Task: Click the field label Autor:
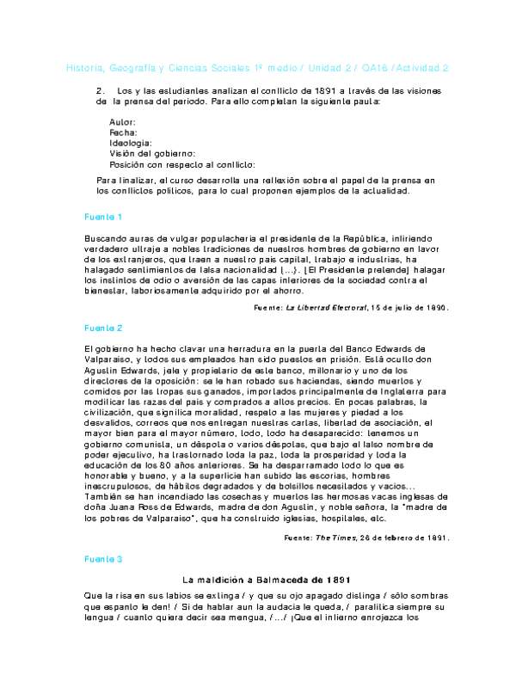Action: (123, 123)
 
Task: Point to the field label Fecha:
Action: (124, 133)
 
